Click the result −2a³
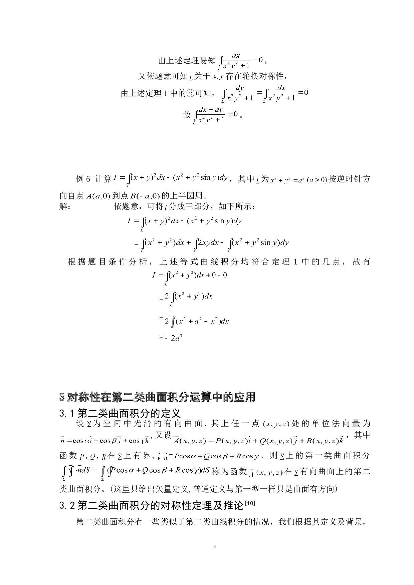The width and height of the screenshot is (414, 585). [173, 338]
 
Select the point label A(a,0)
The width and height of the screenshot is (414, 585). [97, 196]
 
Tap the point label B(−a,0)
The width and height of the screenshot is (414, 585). [145, 196]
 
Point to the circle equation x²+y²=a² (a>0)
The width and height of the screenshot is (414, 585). [298, 180]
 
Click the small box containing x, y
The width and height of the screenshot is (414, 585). [218, 77]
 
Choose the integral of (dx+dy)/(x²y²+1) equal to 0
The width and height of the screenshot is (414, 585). [215, 115]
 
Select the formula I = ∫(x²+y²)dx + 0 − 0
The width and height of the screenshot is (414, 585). [190, 277]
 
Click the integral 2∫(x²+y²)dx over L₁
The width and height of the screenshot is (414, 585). [188, 299]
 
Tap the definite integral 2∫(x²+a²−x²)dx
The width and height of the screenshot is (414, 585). [197, 321]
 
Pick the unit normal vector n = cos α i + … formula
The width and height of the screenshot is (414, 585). [105, 441]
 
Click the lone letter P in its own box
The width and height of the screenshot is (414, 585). [81, 457]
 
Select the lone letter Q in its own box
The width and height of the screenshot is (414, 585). [92, 457]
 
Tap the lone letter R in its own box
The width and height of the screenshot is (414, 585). [103, 457]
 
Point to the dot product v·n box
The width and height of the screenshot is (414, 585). [162, 457]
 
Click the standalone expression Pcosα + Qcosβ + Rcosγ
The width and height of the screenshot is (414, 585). [216, 456]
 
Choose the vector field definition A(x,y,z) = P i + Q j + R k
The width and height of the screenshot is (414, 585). [258, 441]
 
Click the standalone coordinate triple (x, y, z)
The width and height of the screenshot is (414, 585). [276, 424]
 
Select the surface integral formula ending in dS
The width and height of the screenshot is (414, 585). [135, 473]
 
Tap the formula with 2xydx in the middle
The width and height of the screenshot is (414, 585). [214, 245]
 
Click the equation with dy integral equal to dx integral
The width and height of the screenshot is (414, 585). [264, 93]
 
